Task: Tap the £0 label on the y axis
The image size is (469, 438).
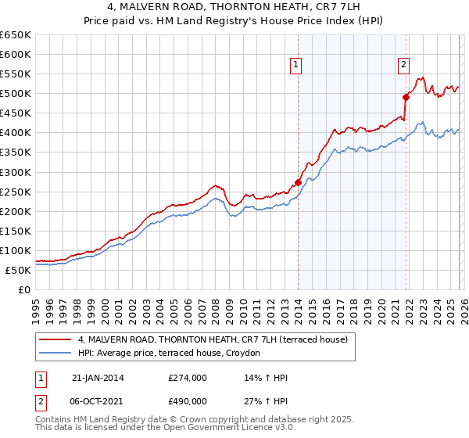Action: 23,289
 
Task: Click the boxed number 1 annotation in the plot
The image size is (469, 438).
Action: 298,66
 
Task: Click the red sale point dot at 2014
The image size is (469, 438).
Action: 298,182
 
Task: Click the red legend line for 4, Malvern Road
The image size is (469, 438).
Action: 55,339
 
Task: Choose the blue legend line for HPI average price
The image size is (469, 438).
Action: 55,354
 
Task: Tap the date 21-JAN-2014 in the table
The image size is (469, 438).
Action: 98,378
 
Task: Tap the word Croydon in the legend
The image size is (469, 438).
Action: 252,354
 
